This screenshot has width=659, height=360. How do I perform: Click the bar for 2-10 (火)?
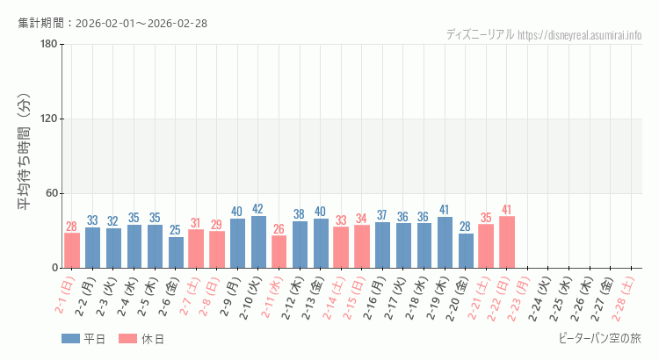coord(258,241)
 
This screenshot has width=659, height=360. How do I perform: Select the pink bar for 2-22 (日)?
coord(506,242)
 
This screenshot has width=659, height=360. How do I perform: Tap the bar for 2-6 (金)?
coord(176,252)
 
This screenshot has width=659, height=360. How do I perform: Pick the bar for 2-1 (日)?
coord(72,250)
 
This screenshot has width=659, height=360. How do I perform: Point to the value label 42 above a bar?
coord(258,209)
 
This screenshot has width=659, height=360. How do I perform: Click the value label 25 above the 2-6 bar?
coord(176,230)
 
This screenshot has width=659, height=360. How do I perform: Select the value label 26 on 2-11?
coord(279,229)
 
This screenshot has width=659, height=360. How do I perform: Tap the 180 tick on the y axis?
coord(48,45)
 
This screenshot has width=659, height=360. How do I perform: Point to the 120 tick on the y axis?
coord(48,119)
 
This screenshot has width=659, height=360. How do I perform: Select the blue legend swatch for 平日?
coord(70,339)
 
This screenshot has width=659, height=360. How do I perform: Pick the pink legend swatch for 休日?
coord(128,339)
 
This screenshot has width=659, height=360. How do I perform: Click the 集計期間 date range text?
coord(112,23)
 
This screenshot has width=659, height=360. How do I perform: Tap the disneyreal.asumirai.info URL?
coord(580,35)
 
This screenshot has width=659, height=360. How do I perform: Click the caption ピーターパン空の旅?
coord(599,338)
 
